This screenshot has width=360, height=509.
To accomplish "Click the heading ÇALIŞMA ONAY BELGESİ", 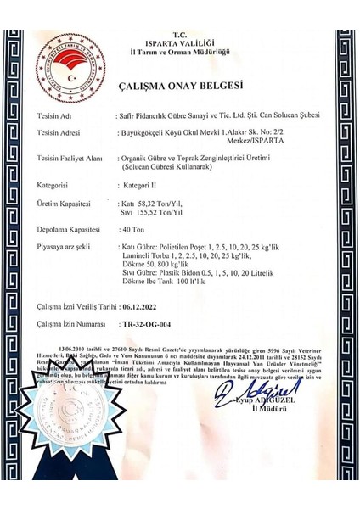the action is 179,86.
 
